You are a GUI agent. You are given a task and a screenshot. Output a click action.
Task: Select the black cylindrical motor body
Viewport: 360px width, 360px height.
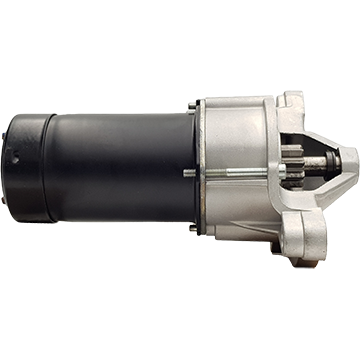pyautogui.click(x=110, y=165)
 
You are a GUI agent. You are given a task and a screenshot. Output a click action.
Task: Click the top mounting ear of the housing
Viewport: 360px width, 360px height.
pyautogui.click(x=290, y=101)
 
